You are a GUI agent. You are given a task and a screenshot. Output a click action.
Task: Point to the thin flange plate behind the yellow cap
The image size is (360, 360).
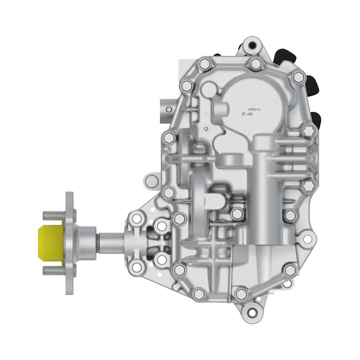[69, 243]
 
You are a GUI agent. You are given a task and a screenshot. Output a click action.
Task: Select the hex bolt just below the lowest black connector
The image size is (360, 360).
[308, 132]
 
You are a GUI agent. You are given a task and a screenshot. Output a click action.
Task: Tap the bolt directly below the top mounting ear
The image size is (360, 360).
[255, 64]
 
